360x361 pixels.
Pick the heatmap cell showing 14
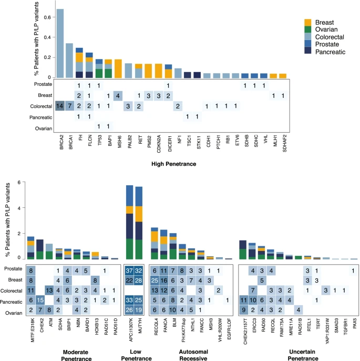tap(60, 106)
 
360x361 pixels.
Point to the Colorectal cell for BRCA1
tap(69, 106)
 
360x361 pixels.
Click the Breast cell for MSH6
tap(118, 95)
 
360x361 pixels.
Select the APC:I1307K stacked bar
tap(129, 222)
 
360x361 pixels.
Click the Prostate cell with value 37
tap(129, 270)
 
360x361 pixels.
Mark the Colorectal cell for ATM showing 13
tap(49, 290)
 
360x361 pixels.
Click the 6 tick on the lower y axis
tap(18, 183)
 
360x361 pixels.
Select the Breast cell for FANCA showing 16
tap(164, 280)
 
